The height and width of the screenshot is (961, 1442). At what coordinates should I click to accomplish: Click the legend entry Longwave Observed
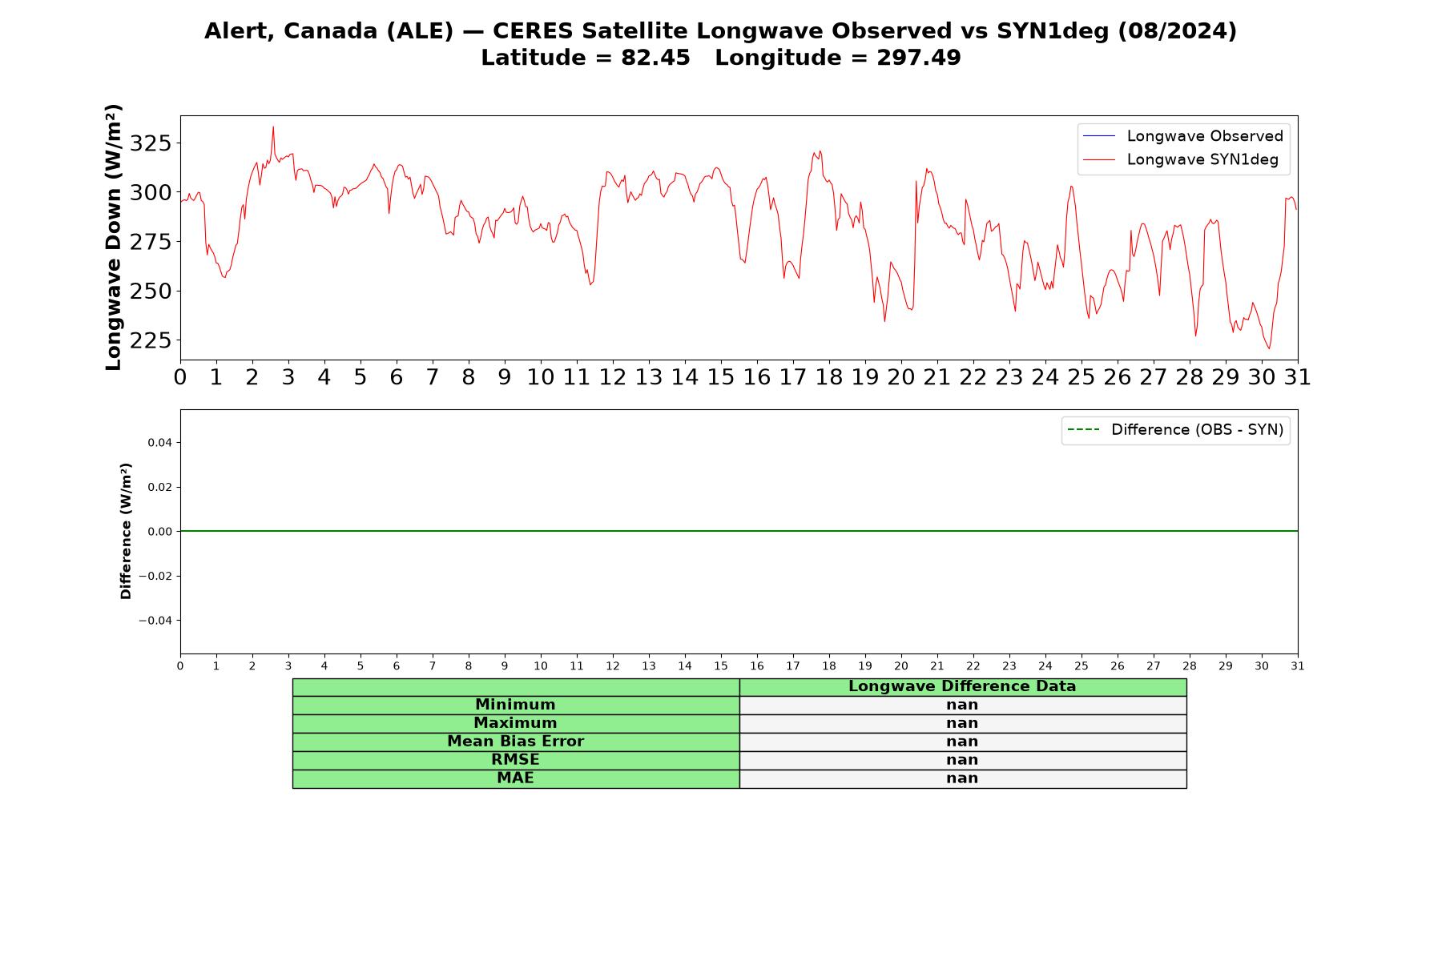1183,136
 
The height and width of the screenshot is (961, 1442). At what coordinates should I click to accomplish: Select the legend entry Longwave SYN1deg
1181,159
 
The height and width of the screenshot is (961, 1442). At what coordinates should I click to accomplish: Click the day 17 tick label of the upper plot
793,377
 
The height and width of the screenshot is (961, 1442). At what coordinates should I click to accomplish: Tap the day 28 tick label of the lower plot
1190,665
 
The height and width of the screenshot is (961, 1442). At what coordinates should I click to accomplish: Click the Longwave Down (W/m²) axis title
114,237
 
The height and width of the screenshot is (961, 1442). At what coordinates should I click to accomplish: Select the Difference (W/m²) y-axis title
126,531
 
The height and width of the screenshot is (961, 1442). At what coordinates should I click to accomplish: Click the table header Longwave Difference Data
962,686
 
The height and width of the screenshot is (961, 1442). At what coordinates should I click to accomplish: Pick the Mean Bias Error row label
515,742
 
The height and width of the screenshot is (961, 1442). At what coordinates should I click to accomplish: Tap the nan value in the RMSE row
962,760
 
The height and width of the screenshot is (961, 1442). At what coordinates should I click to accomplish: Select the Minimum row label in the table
515,705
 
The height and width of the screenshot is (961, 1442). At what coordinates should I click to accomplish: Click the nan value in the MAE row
962,778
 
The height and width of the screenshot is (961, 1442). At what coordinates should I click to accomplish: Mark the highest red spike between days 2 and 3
273,127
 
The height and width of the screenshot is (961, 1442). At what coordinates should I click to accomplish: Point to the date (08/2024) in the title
1177,31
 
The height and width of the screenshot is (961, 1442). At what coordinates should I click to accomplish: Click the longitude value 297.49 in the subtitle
918,58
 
